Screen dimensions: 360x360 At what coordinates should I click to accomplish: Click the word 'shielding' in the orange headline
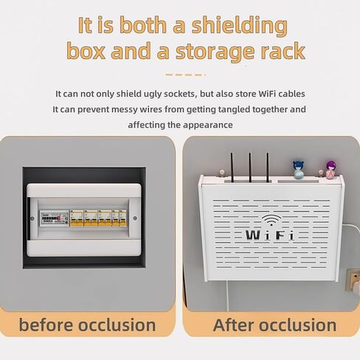click(x=239, y=26)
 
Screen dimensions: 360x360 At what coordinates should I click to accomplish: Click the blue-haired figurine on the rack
click(x=298, y=170)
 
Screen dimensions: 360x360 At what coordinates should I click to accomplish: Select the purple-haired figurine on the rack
click(x=330, y=170)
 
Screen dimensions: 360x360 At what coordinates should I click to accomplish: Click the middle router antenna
click(x=250, y=167)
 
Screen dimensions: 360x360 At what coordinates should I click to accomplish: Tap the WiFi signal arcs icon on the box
click(x=271, y=220)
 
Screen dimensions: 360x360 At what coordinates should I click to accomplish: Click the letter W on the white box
click(x=253, y=235)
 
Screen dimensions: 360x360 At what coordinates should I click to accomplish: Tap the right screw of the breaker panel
click(x=135, y=218)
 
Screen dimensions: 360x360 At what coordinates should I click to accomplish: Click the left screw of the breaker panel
click(x=32, y=218)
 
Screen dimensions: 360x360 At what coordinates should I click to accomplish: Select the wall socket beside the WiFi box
click(x=353, y=280)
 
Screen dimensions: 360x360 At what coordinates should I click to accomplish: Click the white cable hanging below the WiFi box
click(x=227, y=297)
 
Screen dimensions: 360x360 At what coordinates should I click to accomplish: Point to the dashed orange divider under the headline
click(x=186, y=75)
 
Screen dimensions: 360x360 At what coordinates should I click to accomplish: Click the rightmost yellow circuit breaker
click(x=122, y=218)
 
